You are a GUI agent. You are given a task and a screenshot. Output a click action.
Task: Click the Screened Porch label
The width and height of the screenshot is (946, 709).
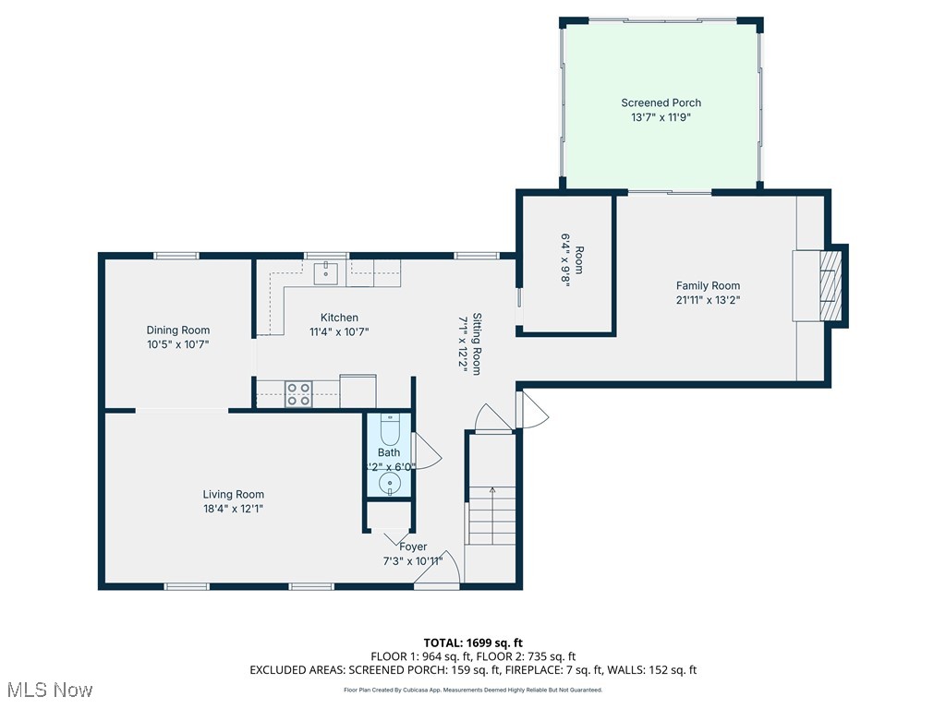click(661, 102)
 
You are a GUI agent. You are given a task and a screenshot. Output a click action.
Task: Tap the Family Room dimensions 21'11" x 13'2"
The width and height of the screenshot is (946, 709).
click(708, 299)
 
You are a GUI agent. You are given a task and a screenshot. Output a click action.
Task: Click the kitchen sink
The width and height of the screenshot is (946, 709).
click(326, 272)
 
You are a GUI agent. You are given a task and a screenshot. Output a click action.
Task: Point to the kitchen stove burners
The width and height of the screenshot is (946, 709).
click(297, 394)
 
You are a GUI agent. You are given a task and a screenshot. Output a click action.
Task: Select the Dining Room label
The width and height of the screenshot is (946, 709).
click(178, 330)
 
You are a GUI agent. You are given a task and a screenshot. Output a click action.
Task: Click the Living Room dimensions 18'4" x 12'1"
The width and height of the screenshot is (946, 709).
click(234, 508)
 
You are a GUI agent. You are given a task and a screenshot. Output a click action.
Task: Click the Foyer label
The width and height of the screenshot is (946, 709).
click(413, 547)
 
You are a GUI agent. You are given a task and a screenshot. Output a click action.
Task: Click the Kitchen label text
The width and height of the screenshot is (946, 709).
click(339, 318)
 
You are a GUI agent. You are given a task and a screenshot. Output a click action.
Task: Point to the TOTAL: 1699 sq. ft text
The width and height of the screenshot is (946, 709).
click(473, 643)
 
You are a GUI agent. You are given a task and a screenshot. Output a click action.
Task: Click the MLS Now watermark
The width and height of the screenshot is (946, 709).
click(48, 690)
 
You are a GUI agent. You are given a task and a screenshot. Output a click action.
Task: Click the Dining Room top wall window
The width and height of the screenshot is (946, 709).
click(176, 256)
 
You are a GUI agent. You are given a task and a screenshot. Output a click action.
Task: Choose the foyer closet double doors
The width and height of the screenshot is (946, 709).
click(388, 535)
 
